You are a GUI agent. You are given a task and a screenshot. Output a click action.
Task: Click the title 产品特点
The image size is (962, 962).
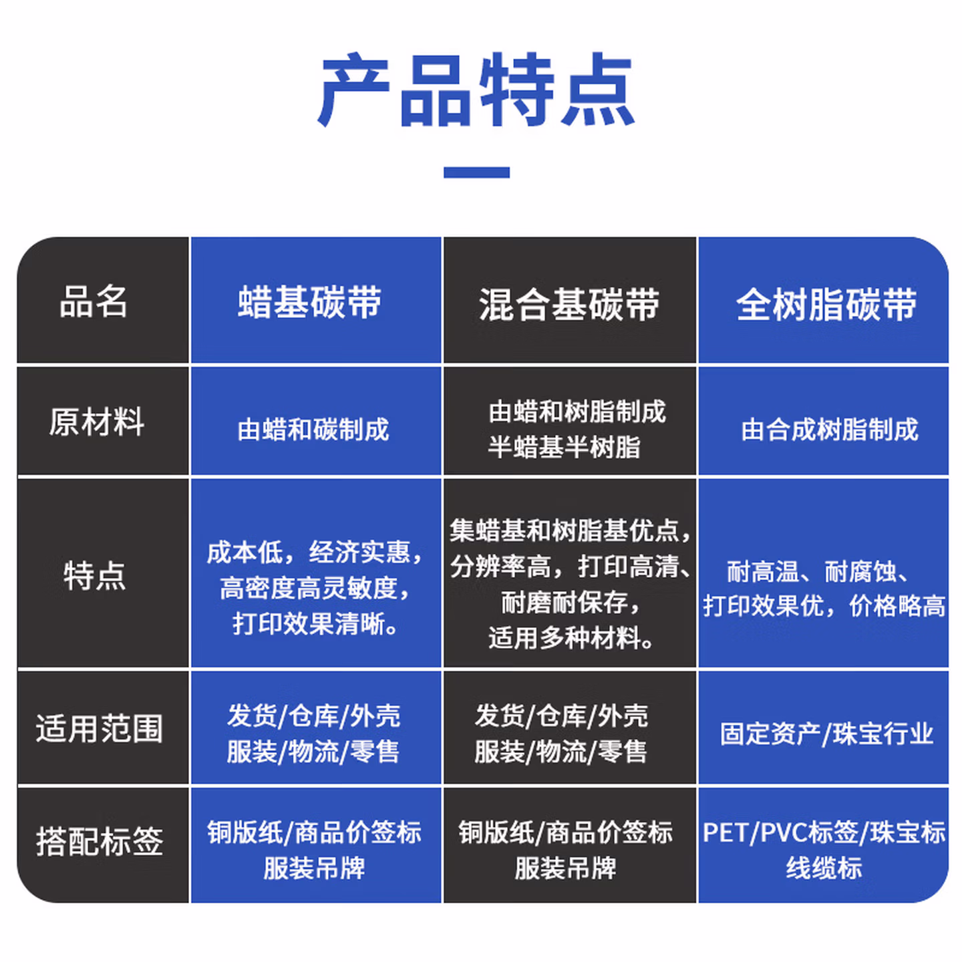tap(476, 91)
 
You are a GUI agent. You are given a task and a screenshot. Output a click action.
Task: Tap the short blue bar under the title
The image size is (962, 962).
tap(476, 172)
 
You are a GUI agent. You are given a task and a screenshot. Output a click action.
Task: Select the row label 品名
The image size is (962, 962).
tap(94, 301)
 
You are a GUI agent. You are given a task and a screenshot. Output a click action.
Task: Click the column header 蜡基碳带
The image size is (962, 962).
tap(310, 302)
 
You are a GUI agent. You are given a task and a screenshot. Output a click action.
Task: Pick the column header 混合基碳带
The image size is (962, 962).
tap(569, 305)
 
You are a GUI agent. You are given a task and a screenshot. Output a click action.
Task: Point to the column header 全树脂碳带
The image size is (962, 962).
tap(826, 305)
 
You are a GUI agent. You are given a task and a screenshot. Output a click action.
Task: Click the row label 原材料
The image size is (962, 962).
tap(97, 422)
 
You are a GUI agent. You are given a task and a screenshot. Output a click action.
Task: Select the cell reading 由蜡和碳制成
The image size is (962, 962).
tap(313, 430)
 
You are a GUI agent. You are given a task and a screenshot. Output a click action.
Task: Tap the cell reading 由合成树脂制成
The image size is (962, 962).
tap(830, 430)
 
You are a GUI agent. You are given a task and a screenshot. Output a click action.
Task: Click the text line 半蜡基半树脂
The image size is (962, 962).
tap(565, 447)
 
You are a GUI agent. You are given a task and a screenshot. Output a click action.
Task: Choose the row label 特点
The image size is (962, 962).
tap(94, 575)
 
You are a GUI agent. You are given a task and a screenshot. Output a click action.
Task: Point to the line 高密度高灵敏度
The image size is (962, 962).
tap(313, 589)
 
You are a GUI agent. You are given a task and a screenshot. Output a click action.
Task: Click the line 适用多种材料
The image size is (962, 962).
tap(570, 638)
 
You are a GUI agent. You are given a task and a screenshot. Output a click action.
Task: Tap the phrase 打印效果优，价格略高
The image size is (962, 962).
tap(824, 606)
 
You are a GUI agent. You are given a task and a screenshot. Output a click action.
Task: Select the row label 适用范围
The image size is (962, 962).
tap(100, 728)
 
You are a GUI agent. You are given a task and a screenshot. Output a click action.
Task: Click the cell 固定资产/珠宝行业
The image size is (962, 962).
tap(826, 734)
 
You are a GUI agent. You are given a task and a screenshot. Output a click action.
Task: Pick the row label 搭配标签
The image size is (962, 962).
tap(100, 841)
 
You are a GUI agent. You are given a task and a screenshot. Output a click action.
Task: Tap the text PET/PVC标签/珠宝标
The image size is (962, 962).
tap(824, 832)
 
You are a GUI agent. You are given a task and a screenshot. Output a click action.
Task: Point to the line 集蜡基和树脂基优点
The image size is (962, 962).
tap(569, 530)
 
